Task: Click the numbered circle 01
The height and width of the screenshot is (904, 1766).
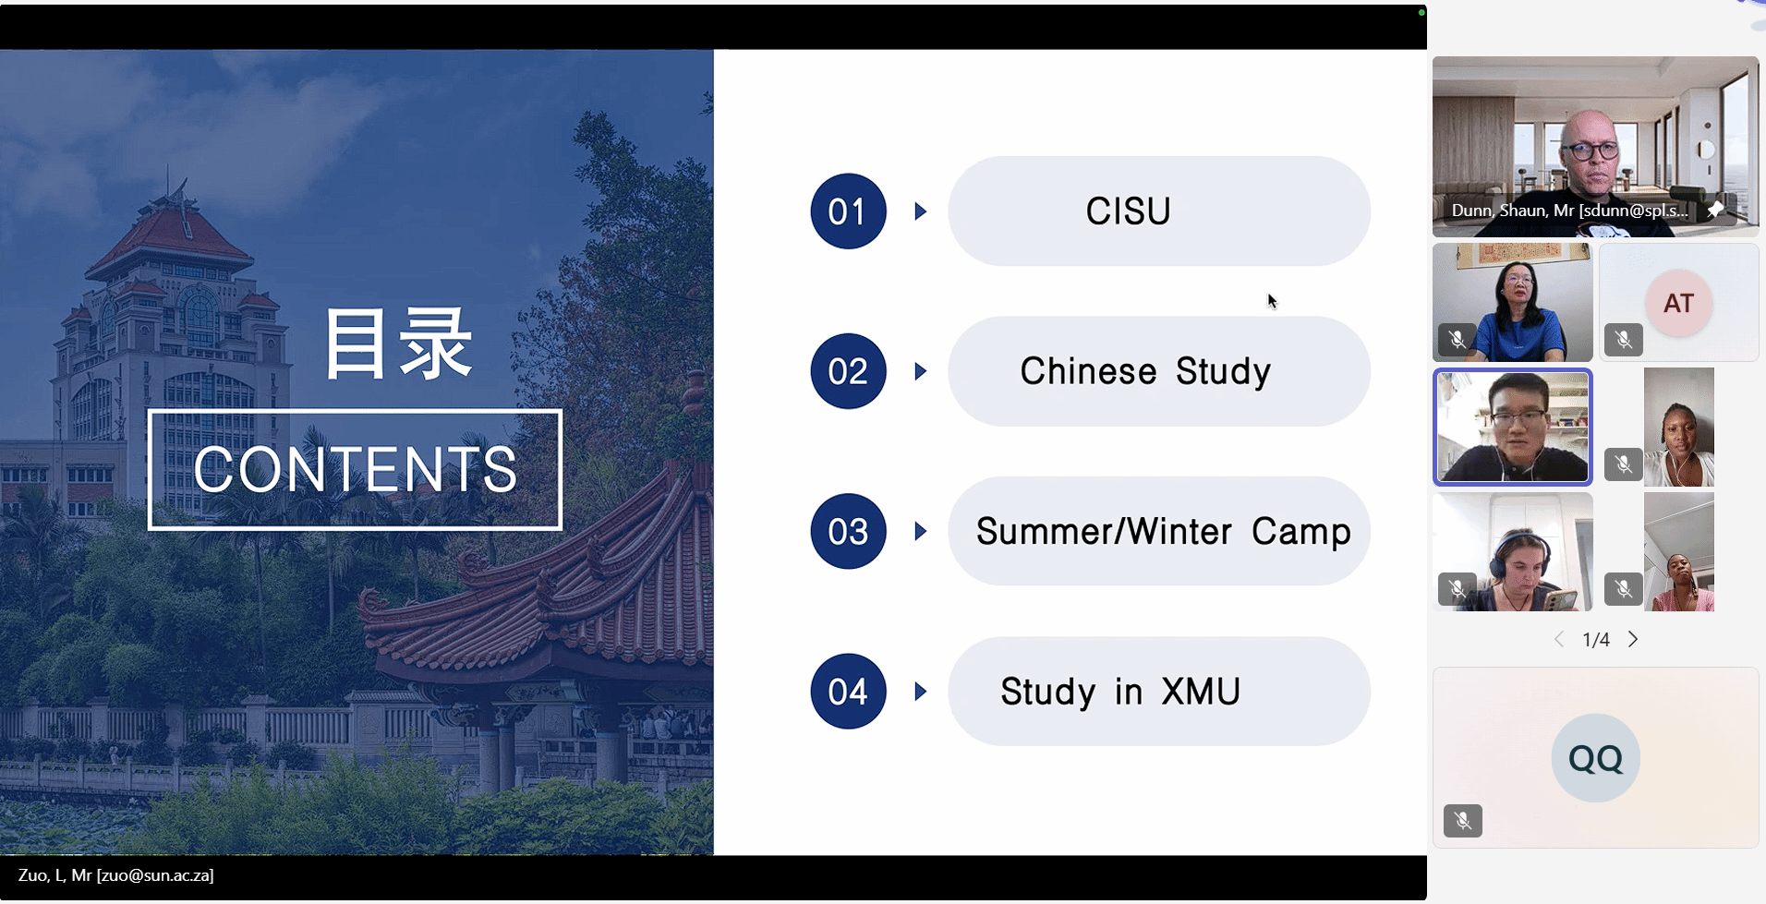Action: coord(848,211)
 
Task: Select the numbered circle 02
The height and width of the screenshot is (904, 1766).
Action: coord(848,371)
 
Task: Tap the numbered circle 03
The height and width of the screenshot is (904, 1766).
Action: coord(848,531)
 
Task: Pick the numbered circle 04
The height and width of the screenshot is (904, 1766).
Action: coord(848,692)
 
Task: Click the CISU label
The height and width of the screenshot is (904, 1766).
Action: coord(1128,211)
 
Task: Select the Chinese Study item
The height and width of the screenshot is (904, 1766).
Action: coord(1145,371)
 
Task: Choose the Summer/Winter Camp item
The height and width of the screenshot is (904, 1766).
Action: coord(1163,532)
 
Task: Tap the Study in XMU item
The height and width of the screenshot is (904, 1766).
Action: coord(1120,692)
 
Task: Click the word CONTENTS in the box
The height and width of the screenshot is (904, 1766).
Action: coord(356,469)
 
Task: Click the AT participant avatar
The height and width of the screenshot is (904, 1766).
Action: coord(1678,303)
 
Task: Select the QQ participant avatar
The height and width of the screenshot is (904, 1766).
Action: coord(1595,758)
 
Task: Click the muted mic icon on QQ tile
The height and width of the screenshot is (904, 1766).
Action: coord(1463,820)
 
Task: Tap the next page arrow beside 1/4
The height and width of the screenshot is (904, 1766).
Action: coord(1633,639)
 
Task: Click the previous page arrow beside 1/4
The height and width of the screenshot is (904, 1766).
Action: coord(1559,639)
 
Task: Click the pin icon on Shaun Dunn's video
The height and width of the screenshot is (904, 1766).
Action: coord(1715,210)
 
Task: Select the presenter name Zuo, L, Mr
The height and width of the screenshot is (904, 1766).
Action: coord(55,875)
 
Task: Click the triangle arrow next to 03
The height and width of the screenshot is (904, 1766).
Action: coord(921,531)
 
